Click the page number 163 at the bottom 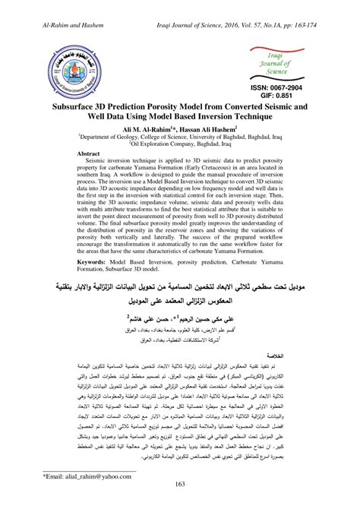(x=180, y=483)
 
